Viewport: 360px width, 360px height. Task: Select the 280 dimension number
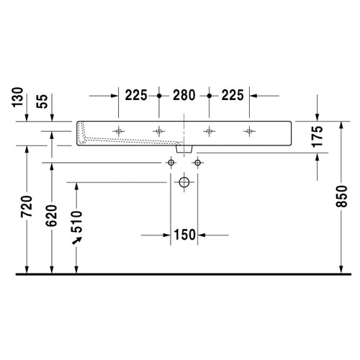pos(184,95)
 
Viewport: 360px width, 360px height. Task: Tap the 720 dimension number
pos(27,210)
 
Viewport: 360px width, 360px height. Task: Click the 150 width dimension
pos(184,234)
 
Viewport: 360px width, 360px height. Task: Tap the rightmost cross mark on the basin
pos(250,131)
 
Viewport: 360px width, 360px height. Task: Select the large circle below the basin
pos(184,184)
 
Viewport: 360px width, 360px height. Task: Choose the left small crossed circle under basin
pos(171,163)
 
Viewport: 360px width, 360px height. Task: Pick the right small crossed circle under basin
pos(197,163)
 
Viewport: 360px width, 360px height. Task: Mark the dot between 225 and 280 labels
pos(158,95)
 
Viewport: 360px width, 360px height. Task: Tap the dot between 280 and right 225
pos(209,95)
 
